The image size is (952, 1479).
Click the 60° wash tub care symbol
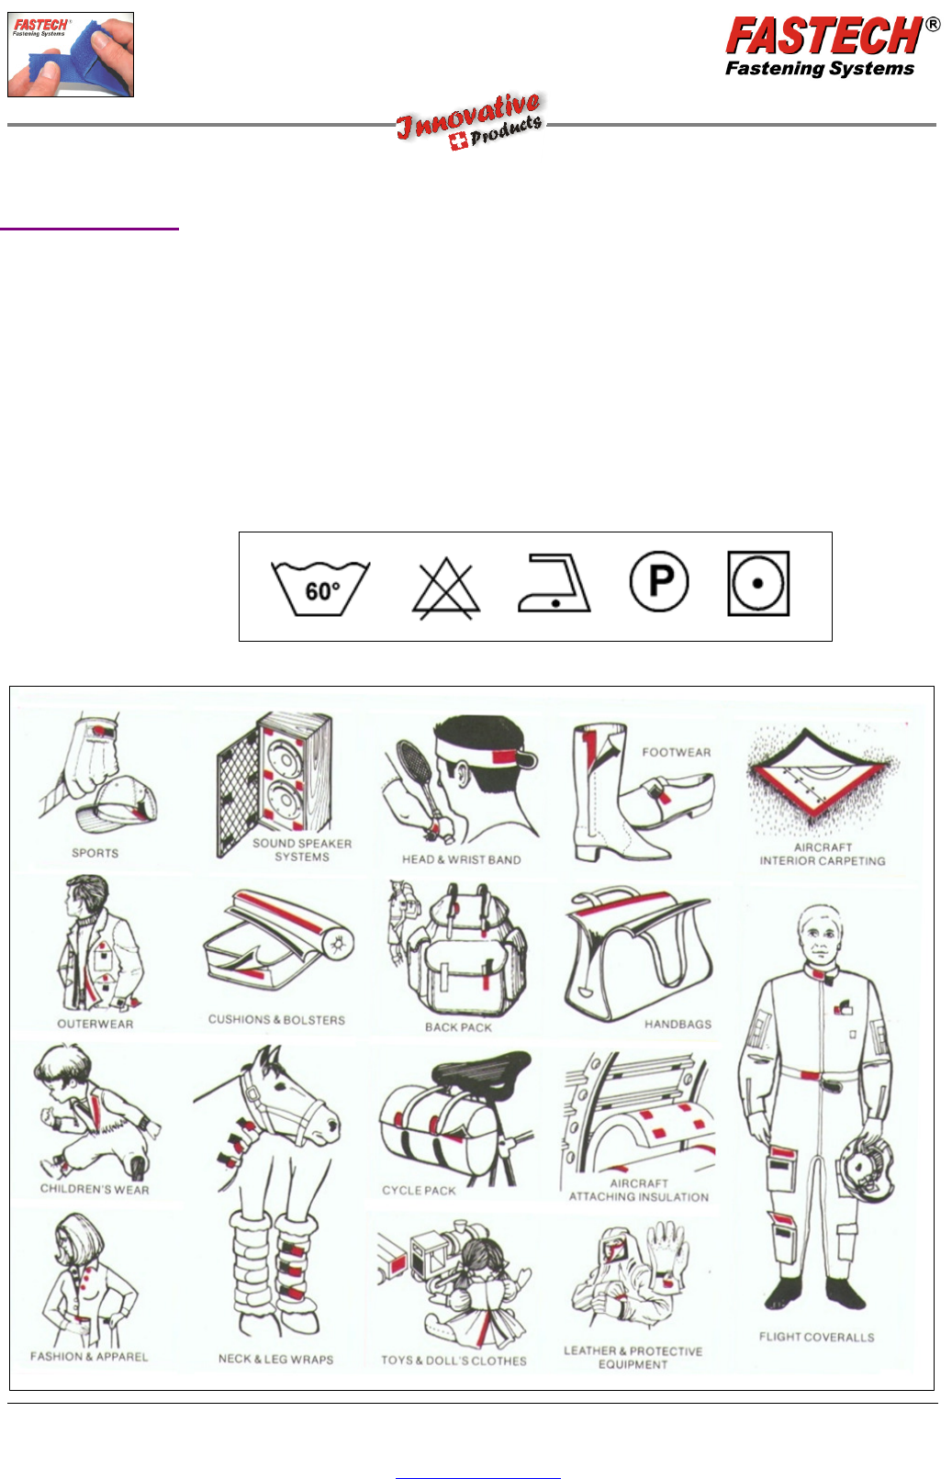coord(320,588)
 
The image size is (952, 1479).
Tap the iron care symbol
coord(554,583)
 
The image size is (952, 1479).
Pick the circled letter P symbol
coord(659,582)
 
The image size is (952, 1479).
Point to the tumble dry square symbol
coord(758,584)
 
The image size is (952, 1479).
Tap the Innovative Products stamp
coord(469,121)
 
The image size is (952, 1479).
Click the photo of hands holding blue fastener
coord(71,55)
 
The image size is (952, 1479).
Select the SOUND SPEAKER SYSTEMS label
coord(302,850)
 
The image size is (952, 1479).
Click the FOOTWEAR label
coord(677,752)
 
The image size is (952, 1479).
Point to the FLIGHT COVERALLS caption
coord(817,1337)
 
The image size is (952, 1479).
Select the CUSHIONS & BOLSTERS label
coord(276,1019)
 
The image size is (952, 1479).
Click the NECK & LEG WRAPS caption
coord(276,1359)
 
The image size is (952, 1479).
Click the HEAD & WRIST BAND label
coord(462,859)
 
